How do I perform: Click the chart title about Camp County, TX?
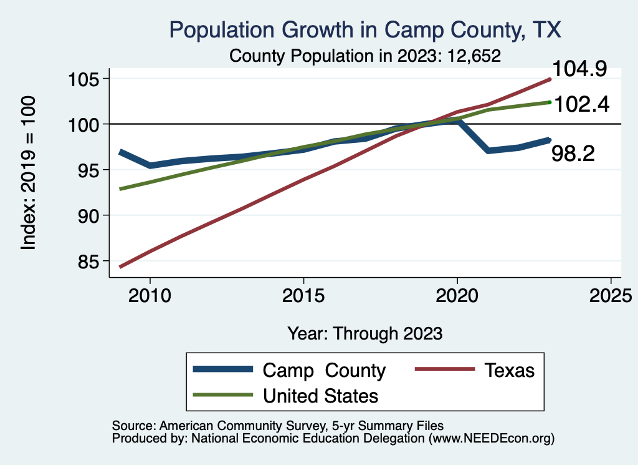click(366, 30)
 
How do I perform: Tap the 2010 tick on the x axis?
click(150, 296)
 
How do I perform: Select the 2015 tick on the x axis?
click(303, 296)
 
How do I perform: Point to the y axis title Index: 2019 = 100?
click(29, 173)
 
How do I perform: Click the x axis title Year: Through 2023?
click(365, 333)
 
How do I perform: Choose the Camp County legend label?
click(324, 370)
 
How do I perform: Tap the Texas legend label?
click(509, 370)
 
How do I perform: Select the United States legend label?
click(320, 396)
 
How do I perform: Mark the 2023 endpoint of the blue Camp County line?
click(549, 140)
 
